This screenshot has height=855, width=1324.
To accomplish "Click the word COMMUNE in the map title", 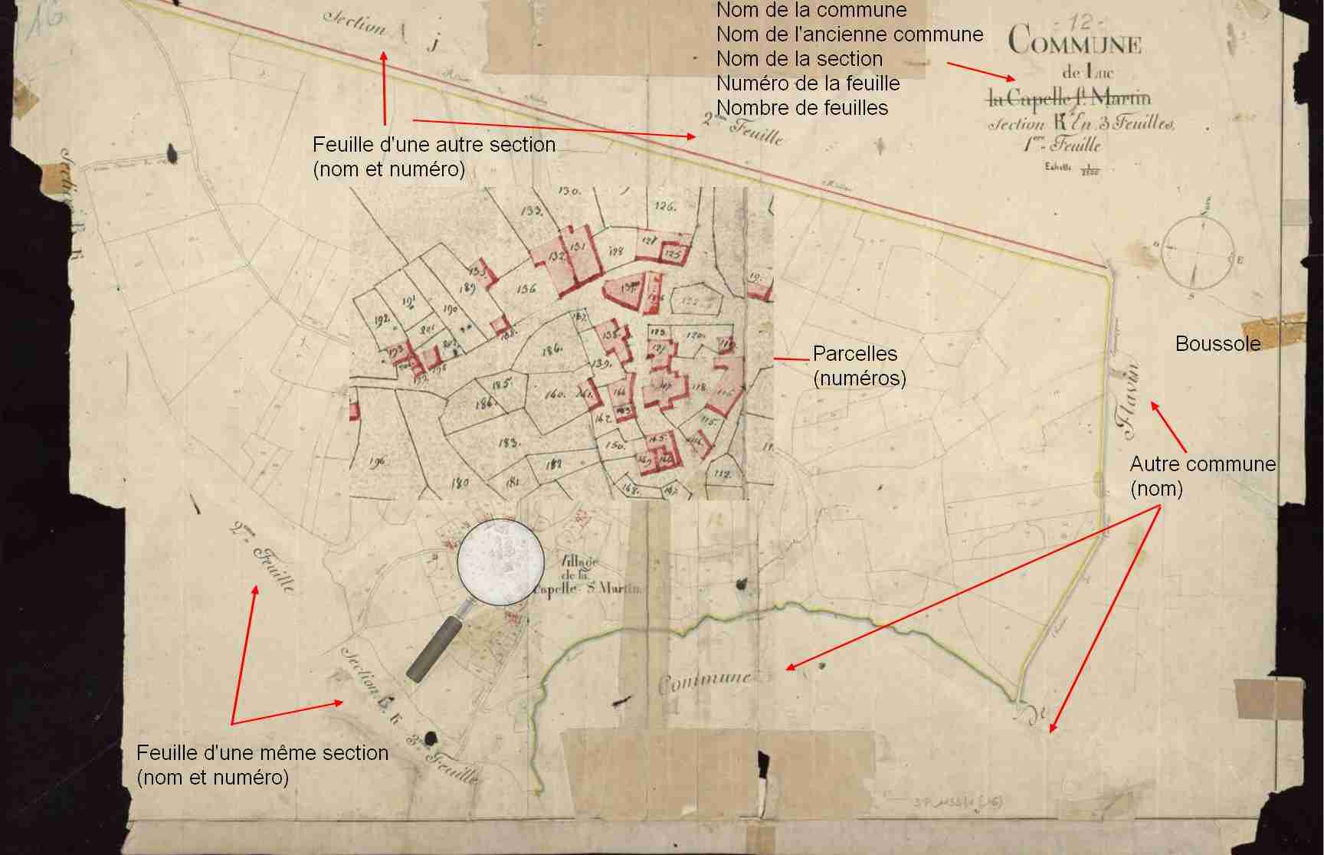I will coord(1074,40).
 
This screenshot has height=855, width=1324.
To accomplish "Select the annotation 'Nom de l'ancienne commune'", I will coord(849,34).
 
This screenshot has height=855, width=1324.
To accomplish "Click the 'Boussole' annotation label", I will coord(1217,343).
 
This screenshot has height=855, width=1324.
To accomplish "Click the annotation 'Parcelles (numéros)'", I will coord(858,365).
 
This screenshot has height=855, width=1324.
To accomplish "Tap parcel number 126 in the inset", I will coord(664,206).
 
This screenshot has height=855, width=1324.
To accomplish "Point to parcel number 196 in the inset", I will coord(376,461).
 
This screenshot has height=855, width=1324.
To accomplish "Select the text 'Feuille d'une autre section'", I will coord(434,145).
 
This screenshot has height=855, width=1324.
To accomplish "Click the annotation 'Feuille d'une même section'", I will coord(262,753).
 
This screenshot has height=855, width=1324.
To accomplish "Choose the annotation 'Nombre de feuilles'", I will coord(801,108).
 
